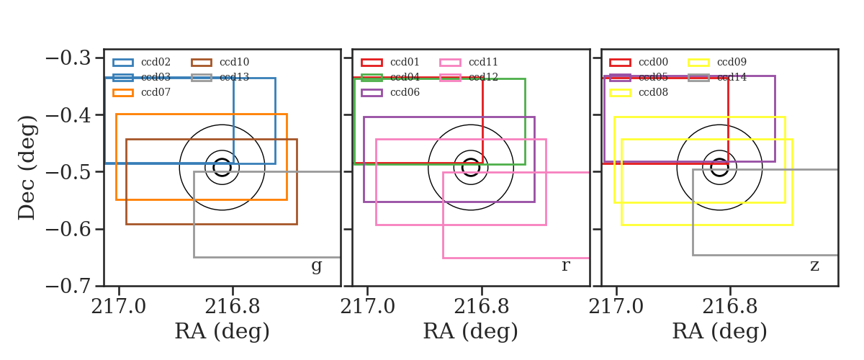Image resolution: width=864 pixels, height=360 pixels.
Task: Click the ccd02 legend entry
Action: [142, 62]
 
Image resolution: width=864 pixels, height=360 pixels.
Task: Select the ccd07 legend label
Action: [156, 92]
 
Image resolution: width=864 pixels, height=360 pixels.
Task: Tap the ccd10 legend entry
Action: [220, 62]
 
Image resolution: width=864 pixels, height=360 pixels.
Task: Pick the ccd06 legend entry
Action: [390, 93]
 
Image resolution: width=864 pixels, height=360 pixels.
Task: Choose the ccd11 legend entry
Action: [469, 62]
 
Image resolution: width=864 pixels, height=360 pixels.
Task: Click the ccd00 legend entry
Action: [639, 62]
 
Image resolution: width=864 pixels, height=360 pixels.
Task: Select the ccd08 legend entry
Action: [639, 93]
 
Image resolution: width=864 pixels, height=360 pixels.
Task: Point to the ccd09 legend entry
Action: [717, 62]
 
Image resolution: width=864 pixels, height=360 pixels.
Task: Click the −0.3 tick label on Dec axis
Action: [68, 58]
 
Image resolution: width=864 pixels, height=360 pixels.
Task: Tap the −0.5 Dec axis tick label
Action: [68, 172]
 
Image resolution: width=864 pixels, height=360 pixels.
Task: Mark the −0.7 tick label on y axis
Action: [68, 287]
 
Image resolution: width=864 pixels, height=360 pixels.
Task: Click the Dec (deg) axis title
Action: [27, 168]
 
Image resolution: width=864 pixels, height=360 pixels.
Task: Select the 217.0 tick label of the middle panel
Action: [368, 307]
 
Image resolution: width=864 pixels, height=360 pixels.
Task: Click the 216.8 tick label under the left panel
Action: [232, 307]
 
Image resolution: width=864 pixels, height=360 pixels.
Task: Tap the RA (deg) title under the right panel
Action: [719, 331]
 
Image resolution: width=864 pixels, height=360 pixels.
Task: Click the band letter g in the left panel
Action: [316, 266]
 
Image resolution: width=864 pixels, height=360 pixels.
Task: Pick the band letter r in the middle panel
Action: [565, 265]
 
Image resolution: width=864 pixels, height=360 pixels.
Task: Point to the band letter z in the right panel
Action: [814, 266]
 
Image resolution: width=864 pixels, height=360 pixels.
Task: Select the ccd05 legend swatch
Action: [620, 78]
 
